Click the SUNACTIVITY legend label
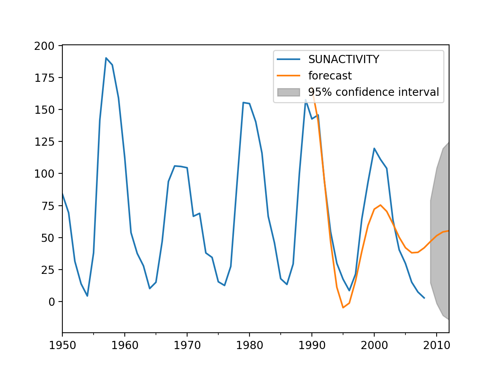click(x=343, y=59)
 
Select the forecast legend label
click(x=330, y=76)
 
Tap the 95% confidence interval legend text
click(x=373, y=92)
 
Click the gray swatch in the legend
click(x=288, y=92)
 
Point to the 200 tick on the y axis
click(x=44, y=46)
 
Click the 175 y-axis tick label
click(x=44, y=78)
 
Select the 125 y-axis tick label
click(x=44, y=141)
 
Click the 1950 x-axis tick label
click(x=62, y=345)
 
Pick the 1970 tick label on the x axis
click(x=187, y=345)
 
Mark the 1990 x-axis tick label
click(x=312, y=345)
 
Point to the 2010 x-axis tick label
click(x=437, y=345)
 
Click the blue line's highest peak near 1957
click(x=106, y=58)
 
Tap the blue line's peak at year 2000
click(x=374, y=148)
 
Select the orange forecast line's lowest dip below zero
click(x=343, y=307)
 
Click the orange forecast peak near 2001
click(x=380, y=205)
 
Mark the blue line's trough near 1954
click(x=87, y=296)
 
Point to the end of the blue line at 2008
click(x=424, y=298)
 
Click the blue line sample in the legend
click(x=288, y=59)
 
